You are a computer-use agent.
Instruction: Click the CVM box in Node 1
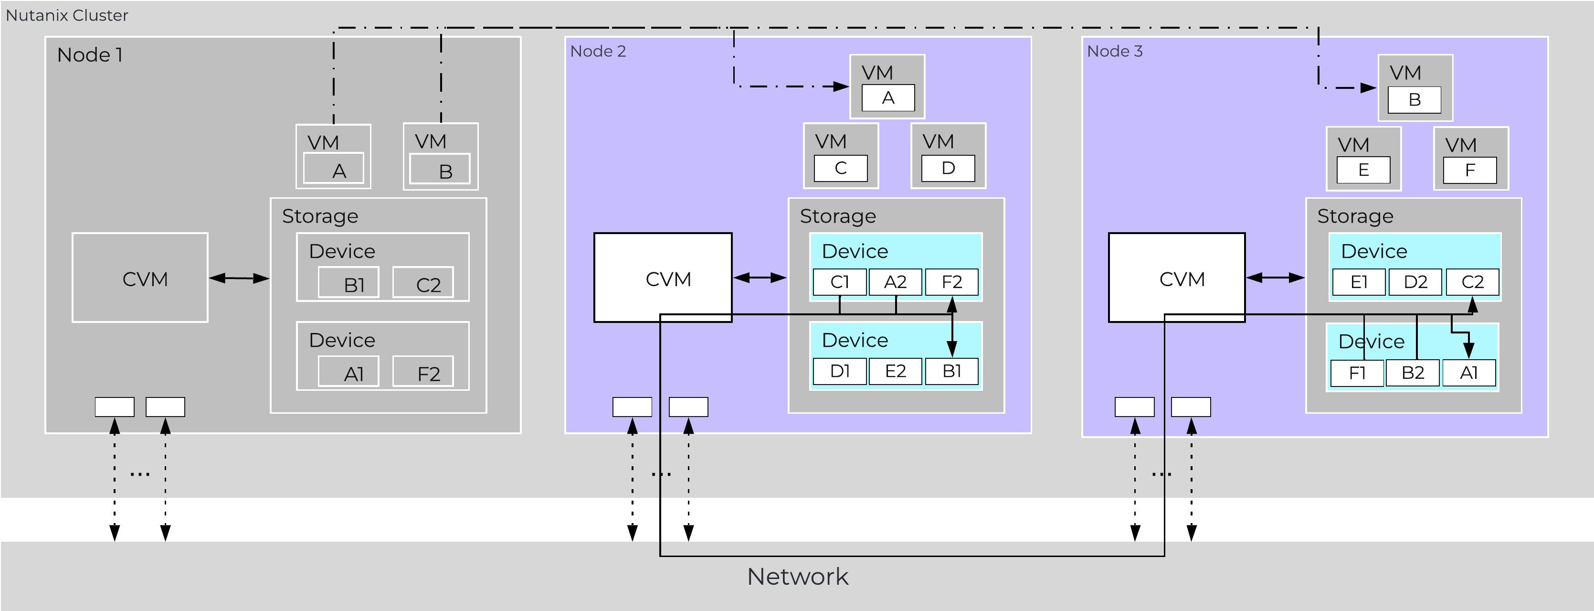click(x=140, y=278)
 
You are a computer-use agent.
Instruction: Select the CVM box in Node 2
click(x=663, y=278)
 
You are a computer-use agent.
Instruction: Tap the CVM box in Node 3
click(x=1176, y=278)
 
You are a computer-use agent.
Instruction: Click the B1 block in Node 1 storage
click(x=348, y=283)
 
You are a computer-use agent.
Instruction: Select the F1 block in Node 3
click(x=1356, y=373)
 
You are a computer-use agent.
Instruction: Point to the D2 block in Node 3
click(x=1415, y=282)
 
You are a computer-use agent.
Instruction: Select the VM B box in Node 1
click(x=440, y=157)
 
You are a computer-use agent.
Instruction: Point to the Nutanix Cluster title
click(x=67, y=15)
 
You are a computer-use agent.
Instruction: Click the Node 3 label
click(x=1114, y=52)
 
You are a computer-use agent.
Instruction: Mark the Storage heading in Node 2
click(x=837, y=216)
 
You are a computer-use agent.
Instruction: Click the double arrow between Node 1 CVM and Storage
click(x=239, y=278)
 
